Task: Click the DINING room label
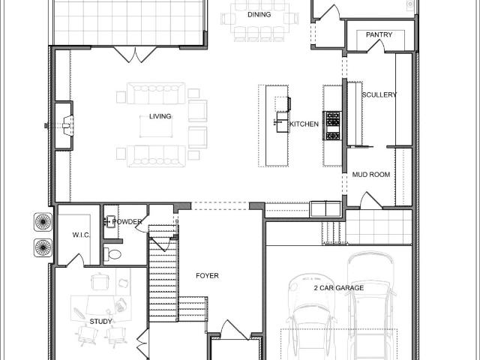tap(259, 14)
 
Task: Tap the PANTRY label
tap(379, 34)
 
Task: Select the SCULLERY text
tap(379, 95)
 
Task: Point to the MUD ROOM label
tap(371, 175)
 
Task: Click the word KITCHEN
tap(304, 124)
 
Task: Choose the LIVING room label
tap(160, 116)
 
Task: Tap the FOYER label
tap(207, 275)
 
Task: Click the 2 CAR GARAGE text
tap(339, 288)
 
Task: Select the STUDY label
tap(100, 322)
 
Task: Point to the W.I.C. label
tap(81, 235)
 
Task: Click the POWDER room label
tap(127, 222)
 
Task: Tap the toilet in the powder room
tap(112, 254)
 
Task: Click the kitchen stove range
tap(332, 125)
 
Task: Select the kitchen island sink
tap(282, 121)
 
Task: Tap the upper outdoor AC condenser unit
tap(43, 222)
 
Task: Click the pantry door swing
tap(376, 46)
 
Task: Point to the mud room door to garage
tap(371, 200)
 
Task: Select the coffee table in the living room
tap(156, 127)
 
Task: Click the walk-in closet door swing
tap(75, 260)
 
